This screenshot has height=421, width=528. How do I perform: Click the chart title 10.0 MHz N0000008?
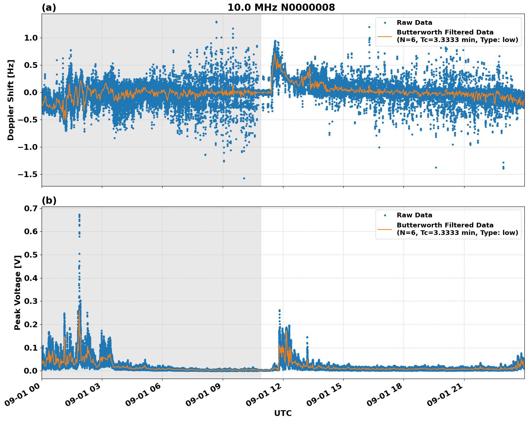tap(281, 8)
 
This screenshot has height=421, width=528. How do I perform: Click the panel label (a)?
tap(49, 8)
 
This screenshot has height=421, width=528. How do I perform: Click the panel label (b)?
tap(49, 200)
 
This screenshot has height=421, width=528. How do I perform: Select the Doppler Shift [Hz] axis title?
tap(11, 100)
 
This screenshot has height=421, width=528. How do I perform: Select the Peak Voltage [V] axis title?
tap(17, 292)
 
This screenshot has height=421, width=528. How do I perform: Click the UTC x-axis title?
tap(283, 413)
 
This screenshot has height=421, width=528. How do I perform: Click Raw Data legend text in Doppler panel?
tap(414, 23)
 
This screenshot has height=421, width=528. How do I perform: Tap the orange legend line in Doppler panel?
tap(385, 36)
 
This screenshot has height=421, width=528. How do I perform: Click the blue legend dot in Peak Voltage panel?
tap(385, 215)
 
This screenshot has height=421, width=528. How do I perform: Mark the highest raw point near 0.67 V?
tap(79, 215)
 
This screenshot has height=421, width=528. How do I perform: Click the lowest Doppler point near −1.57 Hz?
tap(244, 178)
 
